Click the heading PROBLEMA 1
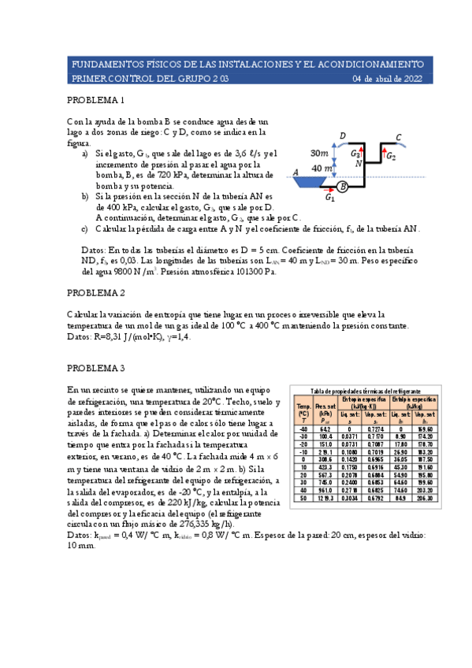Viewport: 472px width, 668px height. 95,101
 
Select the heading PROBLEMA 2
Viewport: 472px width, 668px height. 95,293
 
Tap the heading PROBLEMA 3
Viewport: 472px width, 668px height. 95,368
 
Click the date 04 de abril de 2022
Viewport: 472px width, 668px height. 387,79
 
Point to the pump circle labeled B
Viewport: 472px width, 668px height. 343,187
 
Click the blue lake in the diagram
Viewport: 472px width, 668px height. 314,182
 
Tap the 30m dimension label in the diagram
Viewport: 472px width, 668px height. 321,153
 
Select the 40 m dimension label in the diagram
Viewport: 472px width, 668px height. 322,169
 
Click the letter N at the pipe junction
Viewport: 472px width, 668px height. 359,165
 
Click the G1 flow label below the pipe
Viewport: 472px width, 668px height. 331,199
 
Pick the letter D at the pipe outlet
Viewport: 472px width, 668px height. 342,137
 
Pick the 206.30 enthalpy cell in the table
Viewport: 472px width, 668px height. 426,499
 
